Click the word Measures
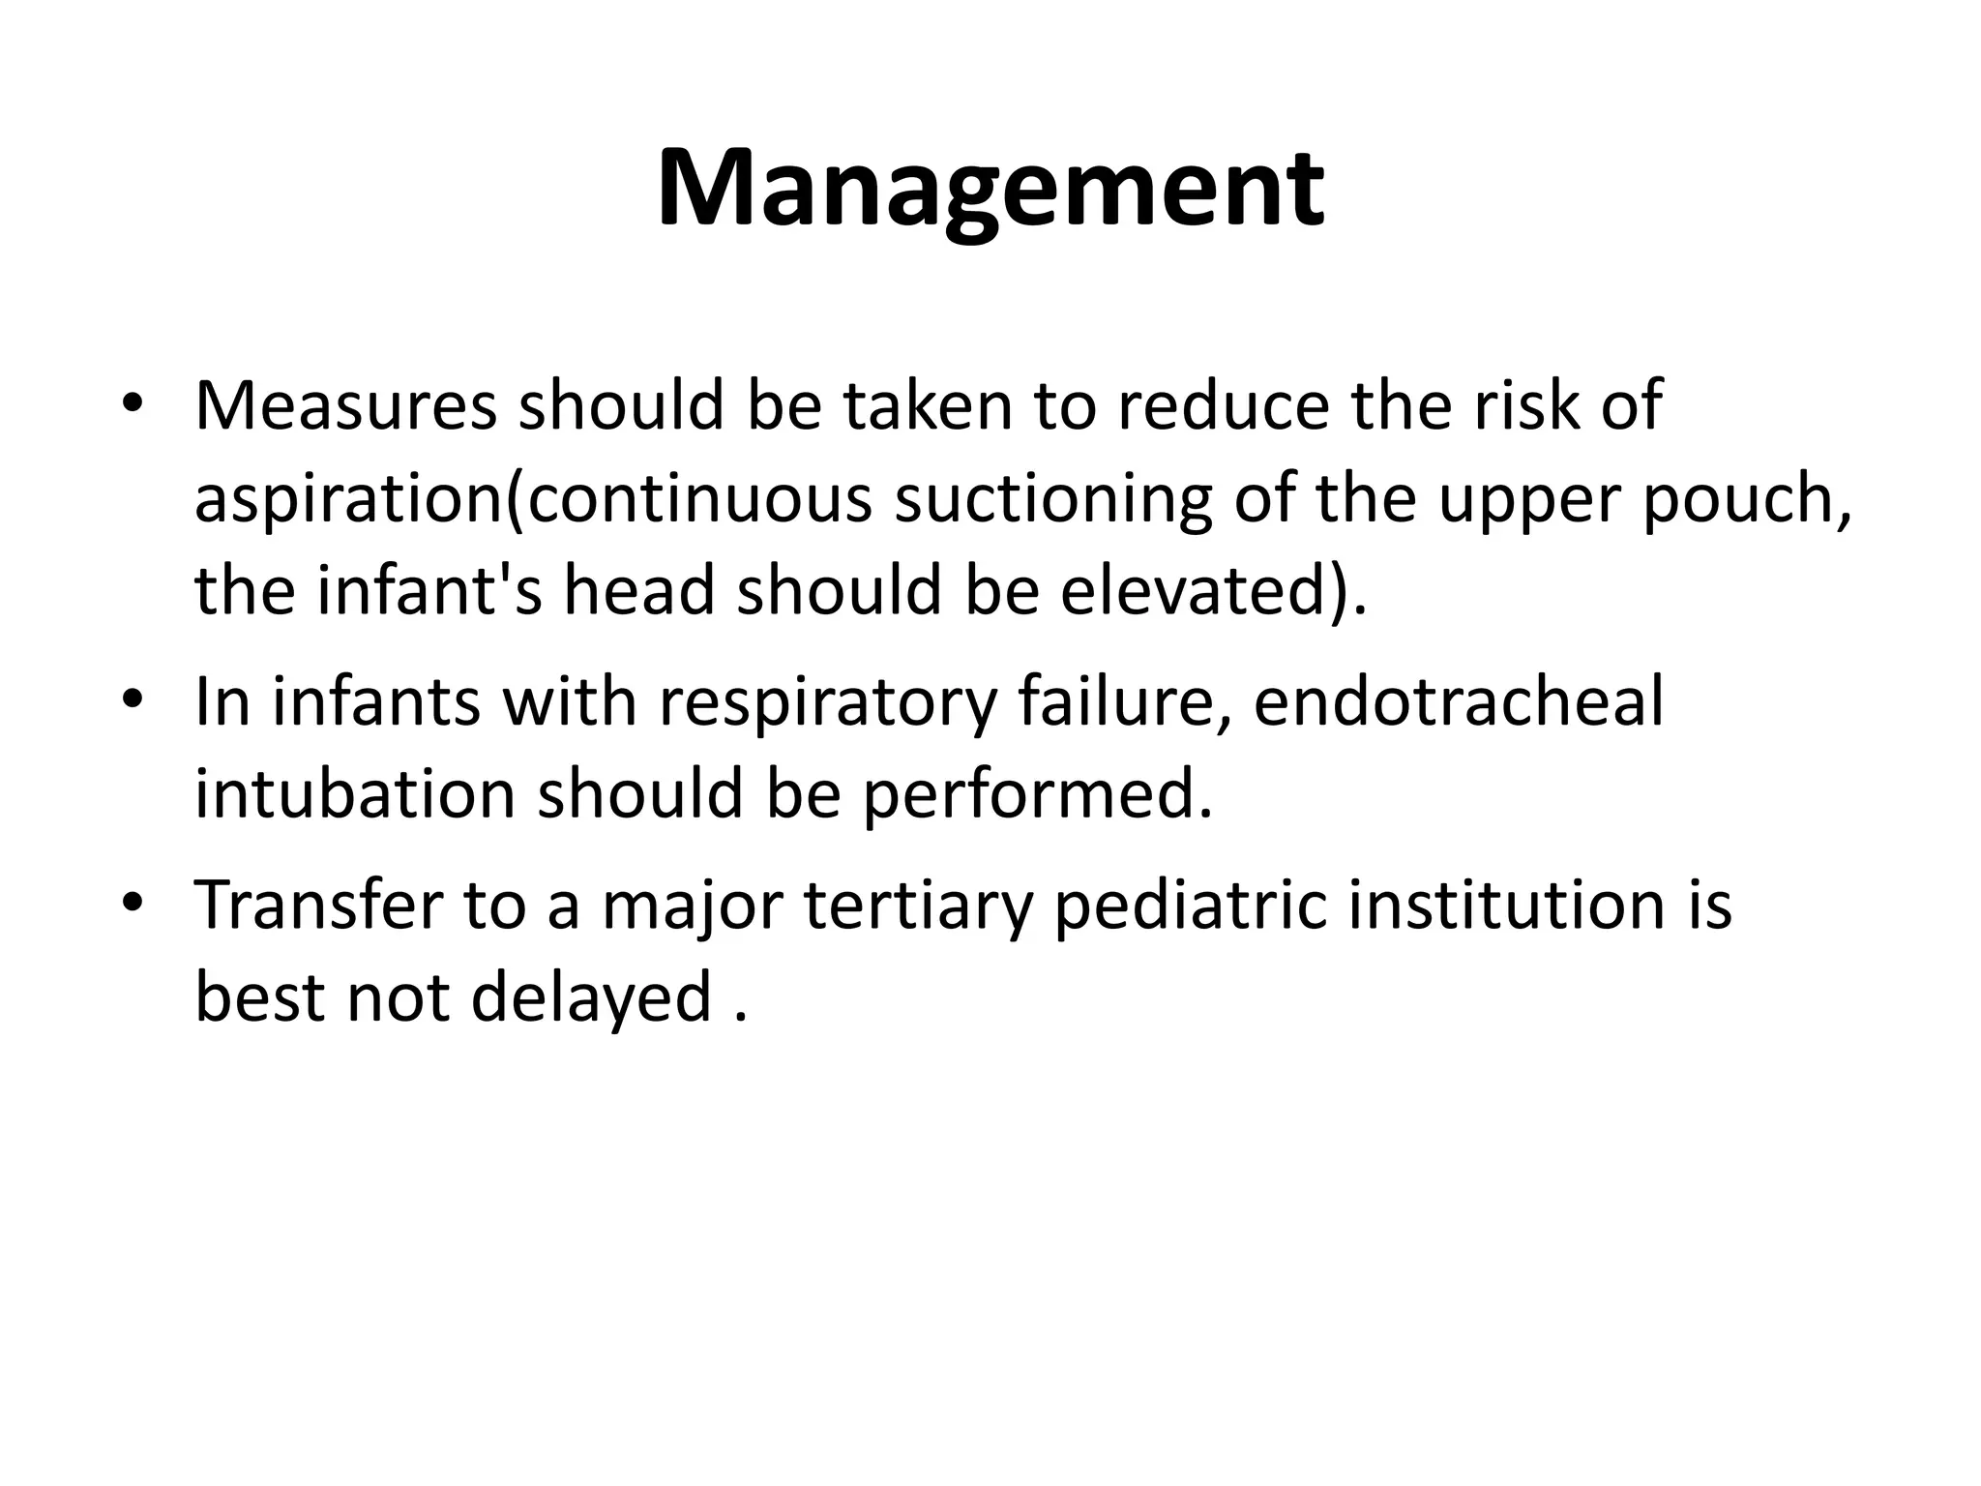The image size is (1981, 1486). pyautogui.click(x=345, y=406)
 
